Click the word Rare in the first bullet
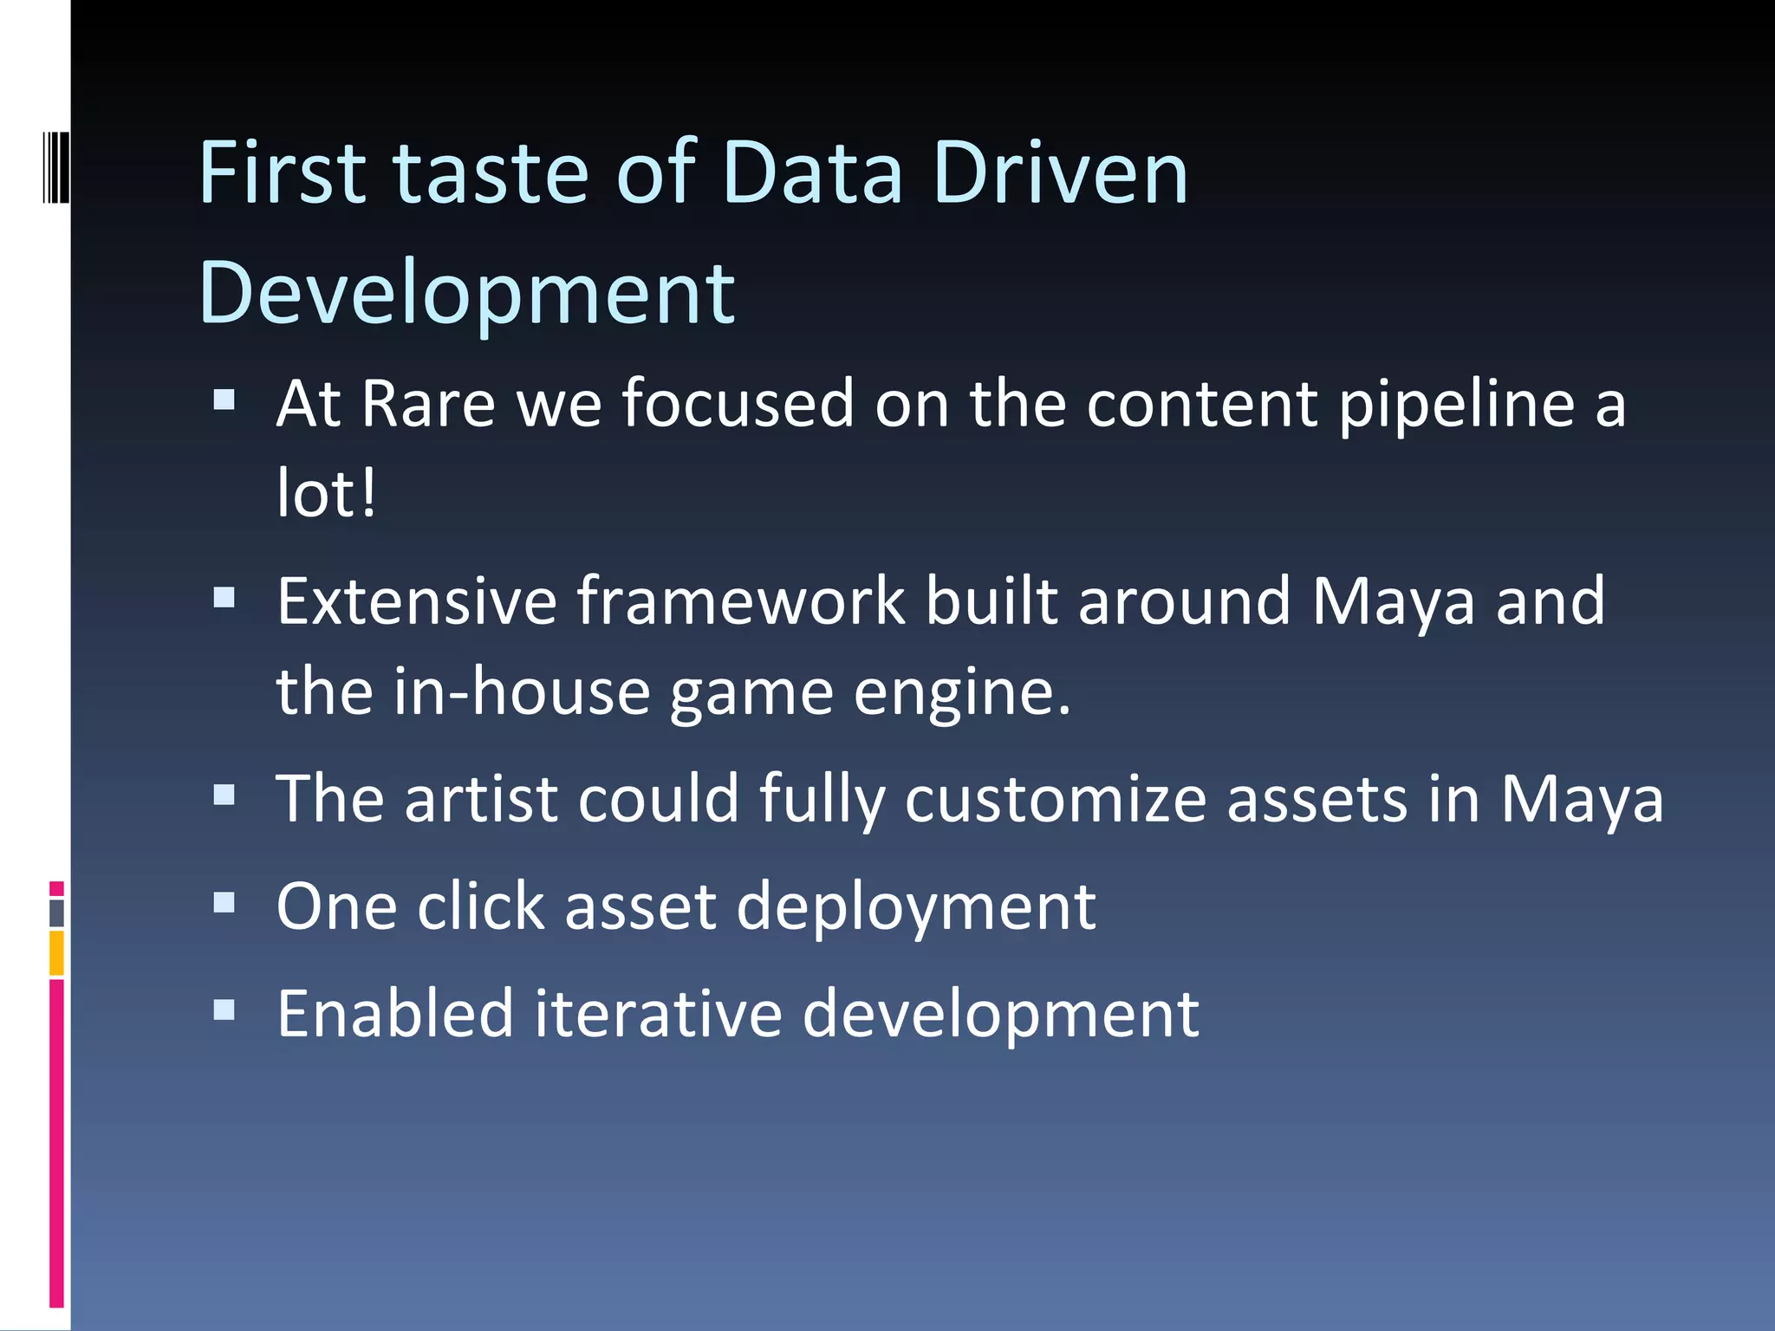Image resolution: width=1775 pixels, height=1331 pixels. tap(428, 404)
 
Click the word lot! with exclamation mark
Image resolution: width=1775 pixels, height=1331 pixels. tap(326, 494)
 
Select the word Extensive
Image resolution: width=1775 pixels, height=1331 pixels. tap(417, 601)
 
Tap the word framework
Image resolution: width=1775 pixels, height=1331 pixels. tap(741, 601)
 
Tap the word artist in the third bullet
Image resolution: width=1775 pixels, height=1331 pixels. tap(481, 799)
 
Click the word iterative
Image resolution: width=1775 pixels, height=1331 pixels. tap(658, 1014)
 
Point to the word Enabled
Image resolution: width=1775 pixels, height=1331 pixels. tap(395, 1014)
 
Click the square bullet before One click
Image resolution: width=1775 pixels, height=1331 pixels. tap(224, 904)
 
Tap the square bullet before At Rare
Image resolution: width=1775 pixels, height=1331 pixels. tap(224, 399)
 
